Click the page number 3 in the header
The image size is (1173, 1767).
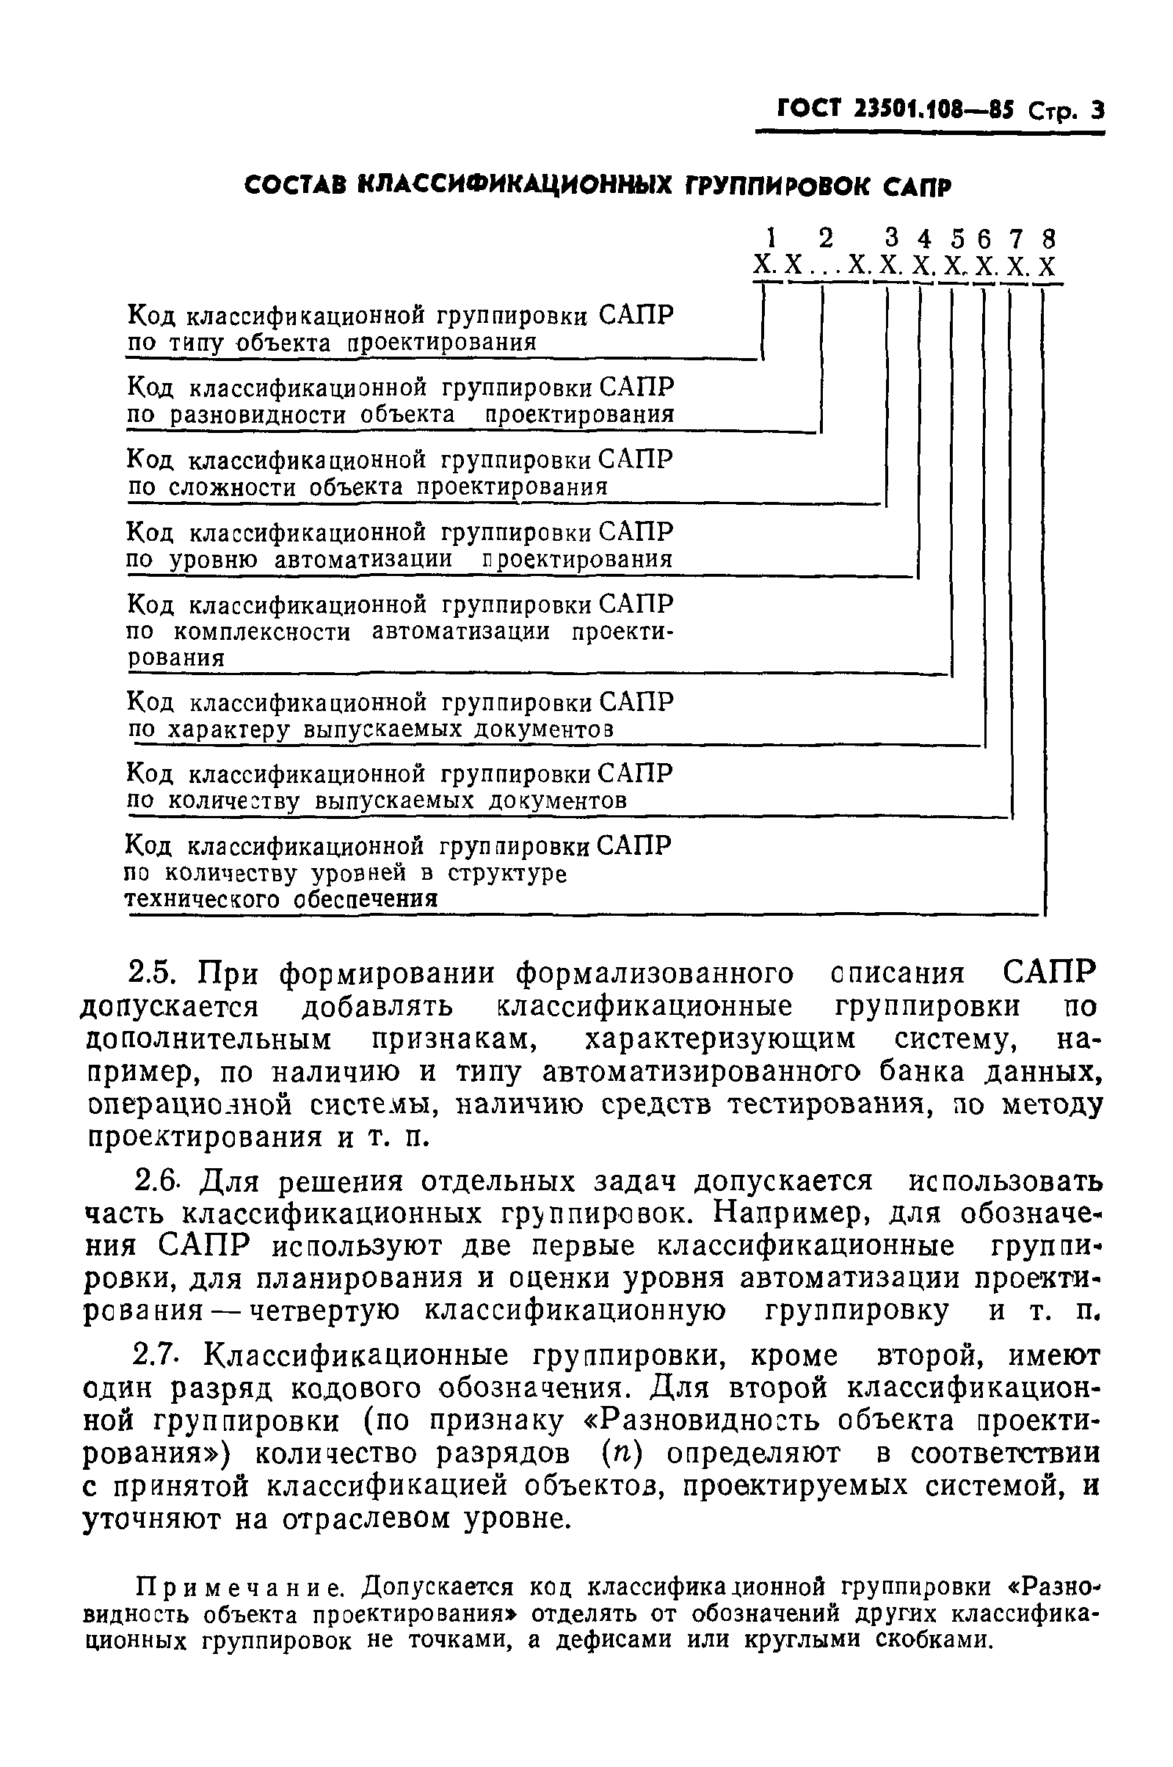(x=1097, y=112)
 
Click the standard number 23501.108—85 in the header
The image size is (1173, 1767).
(x=931, y=111)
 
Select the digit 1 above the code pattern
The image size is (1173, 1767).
(x=770, y=238)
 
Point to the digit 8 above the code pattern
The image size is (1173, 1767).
(x=1048, y=238)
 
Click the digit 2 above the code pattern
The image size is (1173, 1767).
(x=825, y=238)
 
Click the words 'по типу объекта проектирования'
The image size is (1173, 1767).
(x=331, y=343)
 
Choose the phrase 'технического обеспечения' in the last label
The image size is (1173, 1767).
(x=280, y=898)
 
